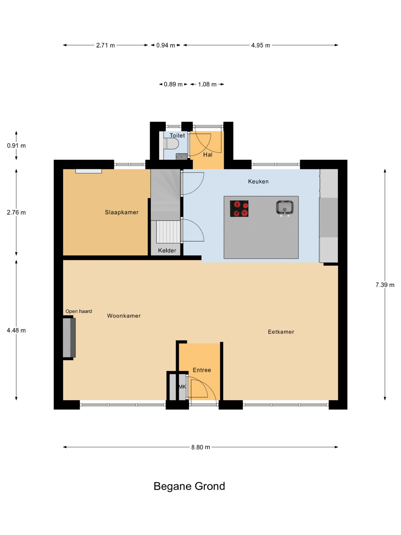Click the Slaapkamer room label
click(122, 212)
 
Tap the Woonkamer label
click(124, 316)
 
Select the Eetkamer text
click(281, 332)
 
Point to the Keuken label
click(258, 181)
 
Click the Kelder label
click(167, 251)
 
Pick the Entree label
click(202, 370)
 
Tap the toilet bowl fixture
click(171, 144)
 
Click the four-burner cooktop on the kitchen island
click(239, 208)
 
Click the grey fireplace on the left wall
click(69, 337)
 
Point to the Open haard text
click(79, 311)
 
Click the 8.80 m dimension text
click(200, 447)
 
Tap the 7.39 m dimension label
click(385, 285)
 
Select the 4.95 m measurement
click(261, 45)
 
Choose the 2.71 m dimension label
click(106, 45)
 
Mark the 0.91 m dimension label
click(16, 145)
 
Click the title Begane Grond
click(189, 486)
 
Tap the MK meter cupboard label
click(182, 387)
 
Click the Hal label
click(208, 155)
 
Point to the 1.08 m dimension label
click(207, 84)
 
